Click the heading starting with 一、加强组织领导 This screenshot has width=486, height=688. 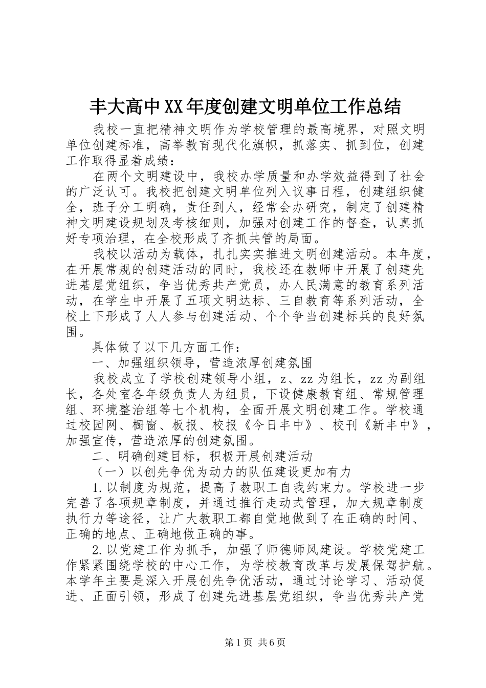[202, 363]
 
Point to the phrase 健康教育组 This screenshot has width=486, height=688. [350, 394]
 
